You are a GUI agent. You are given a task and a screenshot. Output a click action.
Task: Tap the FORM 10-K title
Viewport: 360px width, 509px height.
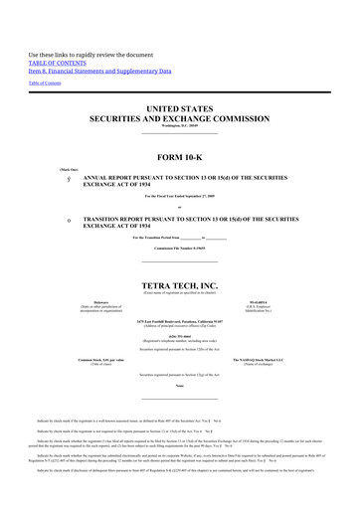point(179,157)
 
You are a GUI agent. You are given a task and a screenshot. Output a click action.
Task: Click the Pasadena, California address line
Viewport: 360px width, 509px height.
point(179,323)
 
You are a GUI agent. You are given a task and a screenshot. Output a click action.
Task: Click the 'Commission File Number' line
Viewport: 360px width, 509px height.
point(179,249)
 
